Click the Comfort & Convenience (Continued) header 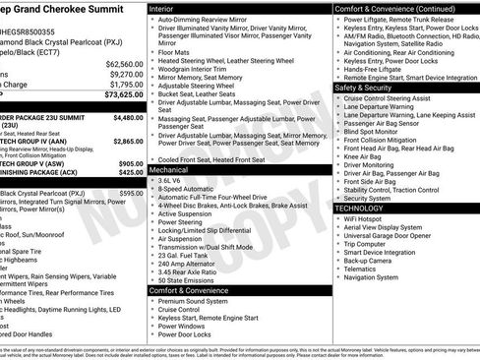393,8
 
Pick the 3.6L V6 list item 172,181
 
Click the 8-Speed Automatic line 189,190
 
